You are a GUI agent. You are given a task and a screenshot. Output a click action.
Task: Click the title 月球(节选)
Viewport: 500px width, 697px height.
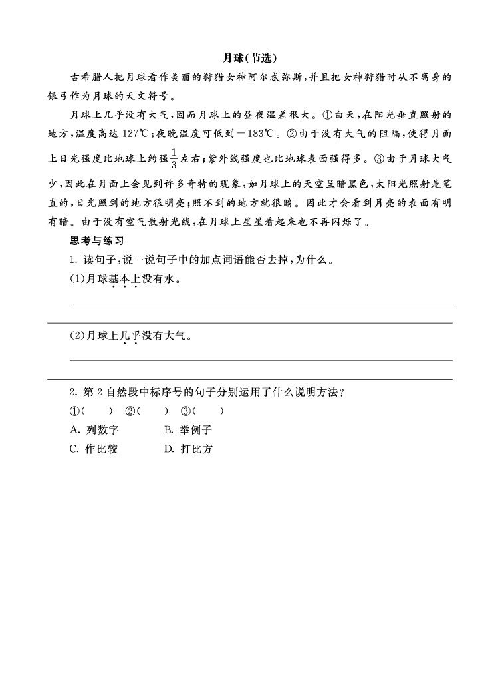[249, 57]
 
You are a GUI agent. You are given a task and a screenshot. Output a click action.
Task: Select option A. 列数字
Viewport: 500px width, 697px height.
[93, 430]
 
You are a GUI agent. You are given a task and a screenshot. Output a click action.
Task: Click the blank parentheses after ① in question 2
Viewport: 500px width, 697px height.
[97, 411]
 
